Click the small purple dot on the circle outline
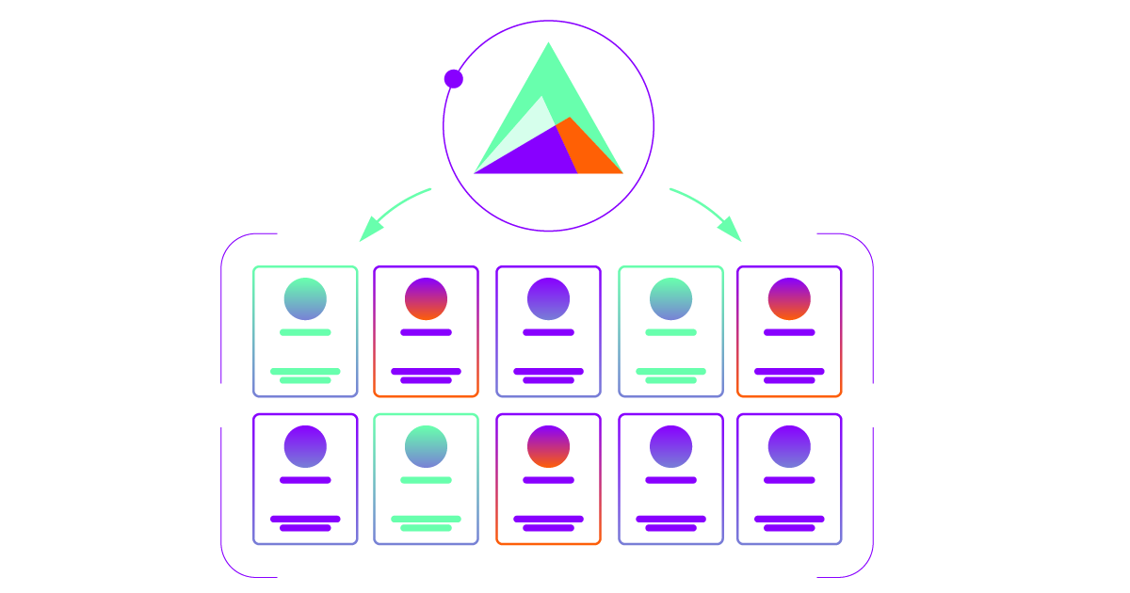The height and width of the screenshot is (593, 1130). click(x=453, y=79)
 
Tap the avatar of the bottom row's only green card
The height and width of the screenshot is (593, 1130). click(x=426, y=446)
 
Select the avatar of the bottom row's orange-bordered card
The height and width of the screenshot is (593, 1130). click(x=548, y=446)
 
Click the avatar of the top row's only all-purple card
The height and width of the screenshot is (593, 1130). click(x=548, y=298)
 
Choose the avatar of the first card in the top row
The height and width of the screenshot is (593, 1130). click(x=305, y=298)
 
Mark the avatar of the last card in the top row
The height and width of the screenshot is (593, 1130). click(x=789, y=298)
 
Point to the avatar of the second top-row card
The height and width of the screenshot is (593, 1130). click(x=426, y=298)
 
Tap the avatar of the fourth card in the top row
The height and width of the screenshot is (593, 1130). click(x=670, y=298)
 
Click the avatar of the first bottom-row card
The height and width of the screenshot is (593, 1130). click(x=305, y=446)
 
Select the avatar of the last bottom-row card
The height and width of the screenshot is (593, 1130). click(x=789, y=446)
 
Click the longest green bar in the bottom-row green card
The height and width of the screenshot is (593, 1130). click(x=426, y=519)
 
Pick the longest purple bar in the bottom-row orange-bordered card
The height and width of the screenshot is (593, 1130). click(x=548, y=519)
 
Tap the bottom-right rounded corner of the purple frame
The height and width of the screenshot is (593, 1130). click(x=863, y=566)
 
